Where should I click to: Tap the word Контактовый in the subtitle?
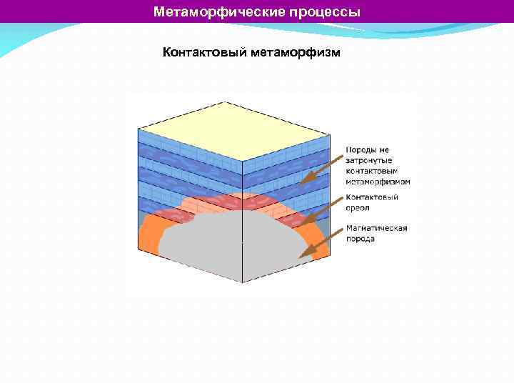(x=203, y=53)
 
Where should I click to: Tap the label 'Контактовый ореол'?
(x=371, y=202)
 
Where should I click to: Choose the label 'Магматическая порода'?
(x=376, y=233)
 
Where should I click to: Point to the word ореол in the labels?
(x=358, y=207)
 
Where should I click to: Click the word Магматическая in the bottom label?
(x=376, y=228)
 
